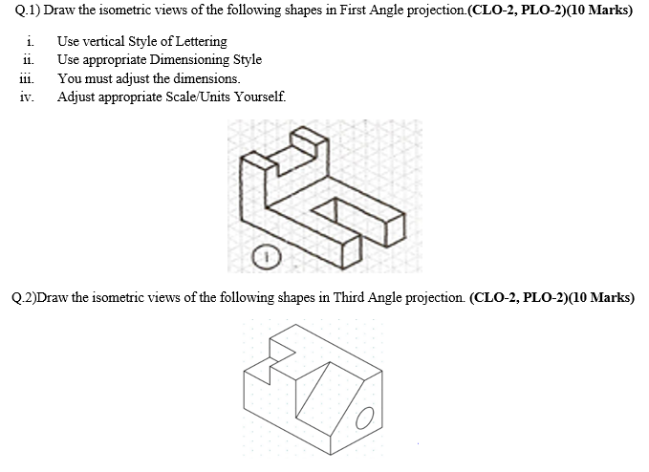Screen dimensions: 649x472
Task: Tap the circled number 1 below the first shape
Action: [x=269, y=255]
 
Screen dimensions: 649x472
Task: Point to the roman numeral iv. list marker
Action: [x=29, y=97]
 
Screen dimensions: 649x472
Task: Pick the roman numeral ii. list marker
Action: [x=31, y=60]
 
